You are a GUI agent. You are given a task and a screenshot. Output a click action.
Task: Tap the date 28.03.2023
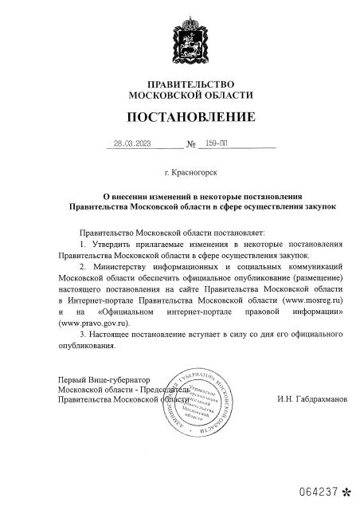tap(132, 145)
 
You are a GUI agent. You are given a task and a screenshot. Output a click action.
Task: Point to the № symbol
tap(190, 146)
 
